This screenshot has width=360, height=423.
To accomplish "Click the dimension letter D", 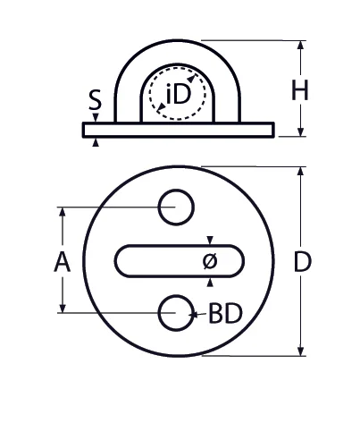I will [x=303, y=262].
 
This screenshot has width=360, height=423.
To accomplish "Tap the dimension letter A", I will [x=61, y=261].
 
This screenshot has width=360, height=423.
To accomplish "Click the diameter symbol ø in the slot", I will [x=210, y=261].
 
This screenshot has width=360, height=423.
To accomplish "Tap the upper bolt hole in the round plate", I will [x=176, y=207].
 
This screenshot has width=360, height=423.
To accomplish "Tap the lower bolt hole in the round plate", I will [x=176, y=314].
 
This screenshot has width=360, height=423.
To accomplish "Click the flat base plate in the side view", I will [x=179, y=131].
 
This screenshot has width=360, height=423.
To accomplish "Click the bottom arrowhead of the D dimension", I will [x=302, y=350].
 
